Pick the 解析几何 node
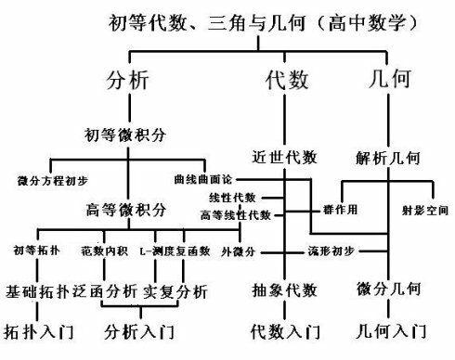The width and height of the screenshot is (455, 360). tap(390, 156)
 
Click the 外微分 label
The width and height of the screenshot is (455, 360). tap(240, 251)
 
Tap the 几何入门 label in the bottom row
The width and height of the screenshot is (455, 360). tap(389, 329)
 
